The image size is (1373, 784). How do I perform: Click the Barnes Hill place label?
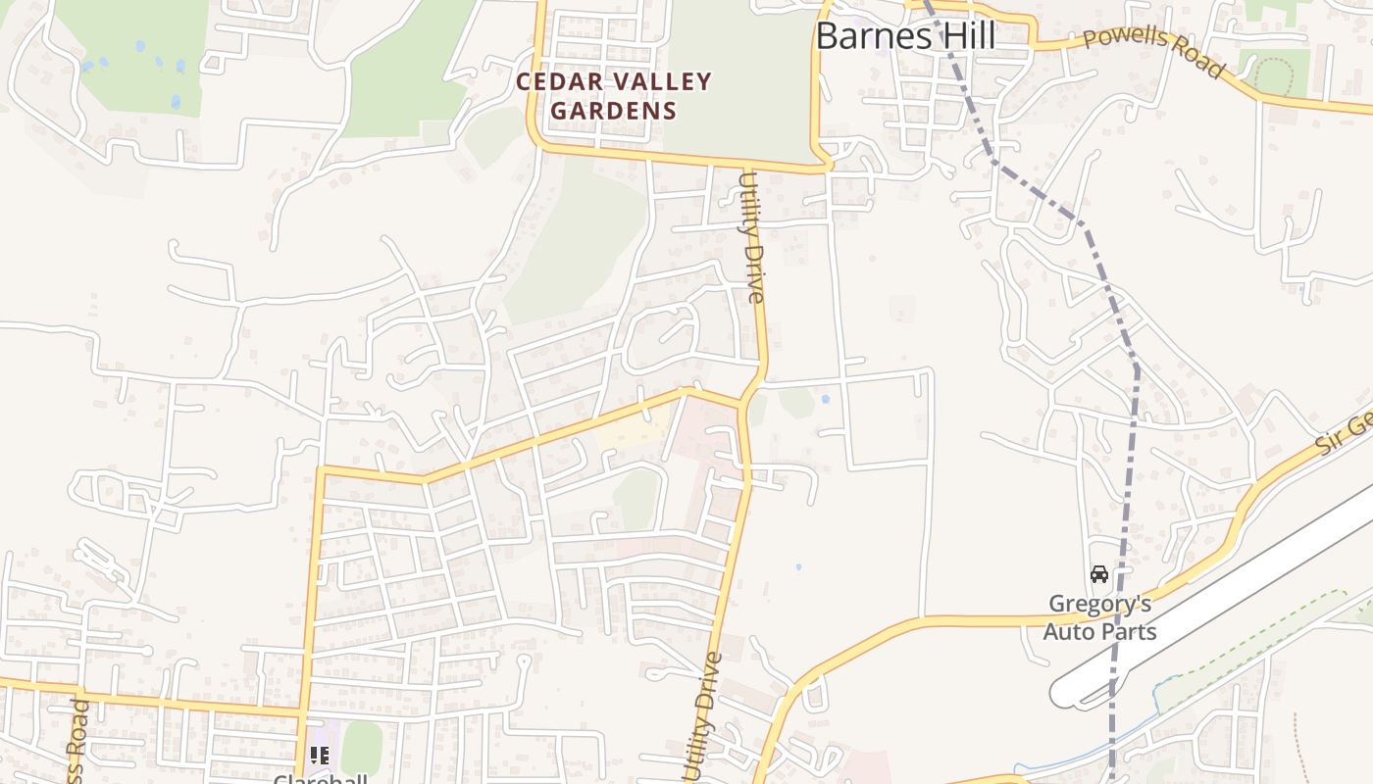pyautogui.click(x=905, y=37)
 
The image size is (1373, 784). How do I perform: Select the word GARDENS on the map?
pyautogui.click(x=613, y=111)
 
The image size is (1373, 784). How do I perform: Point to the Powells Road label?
pyautogui.click(x=1153, y=51)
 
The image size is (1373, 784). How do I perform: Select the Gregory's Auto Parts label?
pyautogui.click(x=1098, y=617)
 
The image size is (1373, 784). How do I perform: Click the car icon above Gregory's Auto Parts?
pyautogui.click(x=1098, y=574)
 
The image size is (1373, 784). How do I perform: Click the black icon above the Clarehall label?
pyautogui.click(x=319, y=755)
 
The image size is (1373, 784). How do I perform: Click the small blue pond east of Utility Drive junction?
pyautogui.click(x=825, y=400)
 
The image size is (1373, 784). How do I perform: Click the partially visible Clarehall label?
pyautogui.click(x=320, y=778)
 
